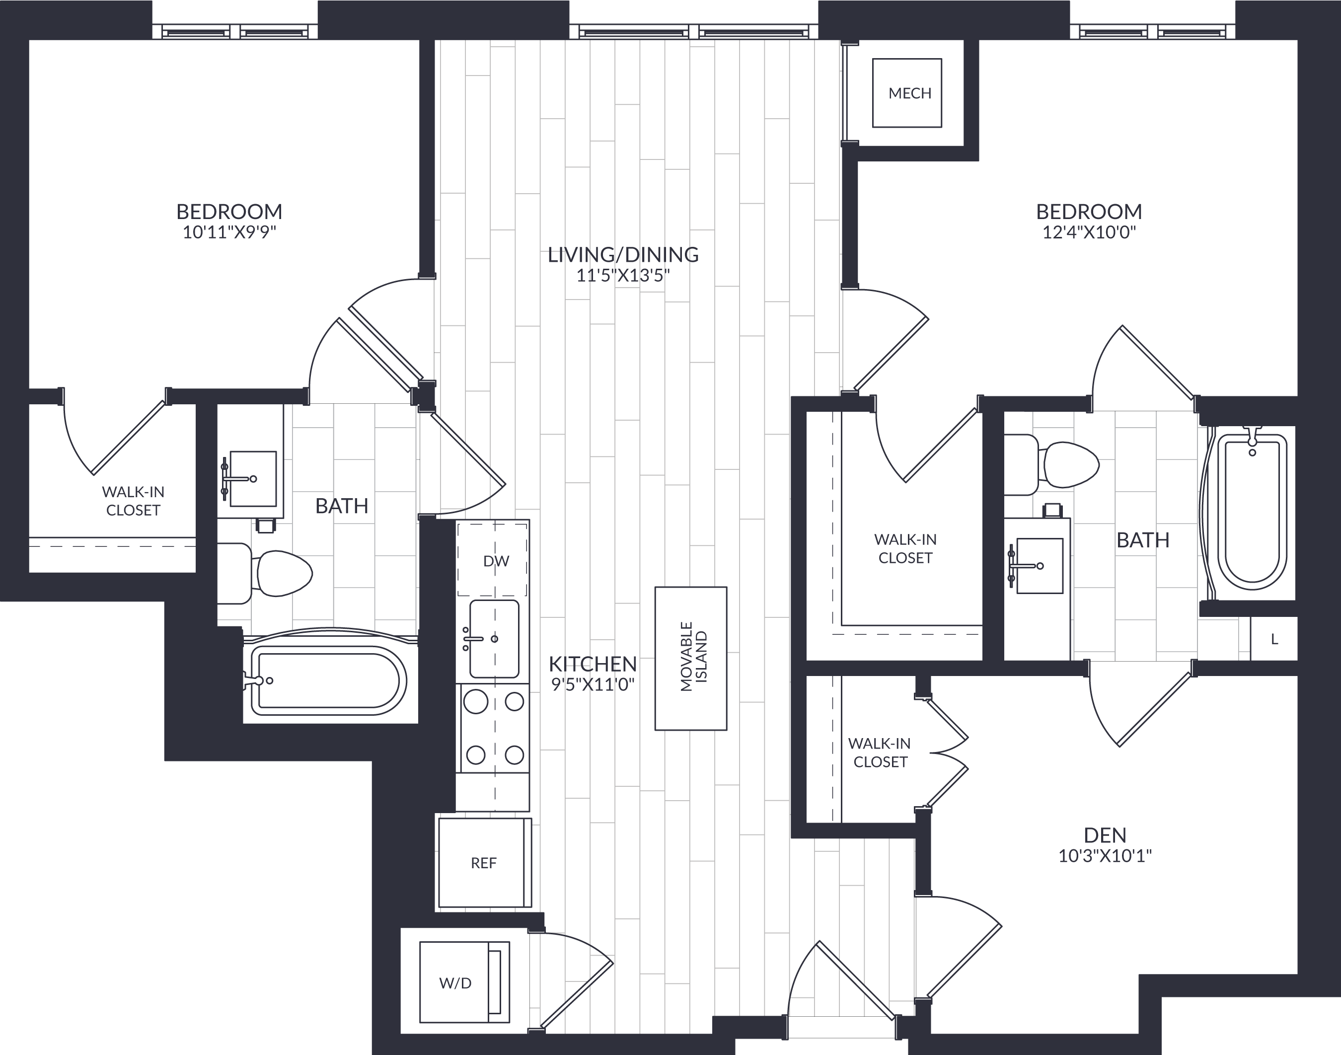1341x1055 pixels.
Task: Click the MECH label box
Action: tap(907, 93)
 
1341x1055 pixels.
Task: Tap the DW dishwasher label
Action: tap(496, 561)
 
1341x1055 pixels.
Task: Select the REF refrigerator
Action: tap(485, 862)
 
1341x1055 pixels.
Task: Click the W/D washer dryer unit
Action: tap(464, 982)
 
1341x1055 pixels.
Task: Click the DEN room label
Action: tap(1105, 835)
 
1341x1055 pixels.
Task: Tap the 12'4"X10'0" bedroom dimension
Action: tap(1089, 233)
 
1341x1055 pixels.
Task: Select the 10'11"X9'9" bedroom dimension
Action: tap(229, 233)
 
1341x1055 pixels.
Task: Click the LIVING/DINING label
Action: tap(623, 254)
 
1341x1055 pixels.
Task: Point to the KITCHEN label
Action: tap(593, 664)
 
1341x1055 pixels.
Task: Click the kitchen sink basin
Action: tap(494, 639)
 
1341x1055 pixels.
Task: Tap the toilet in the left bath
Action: tap(265, 573)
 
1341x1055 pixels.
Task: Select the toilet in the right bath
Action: tap(1051, 464)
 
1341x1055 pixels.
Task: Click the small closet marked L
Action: tap(1273, 639)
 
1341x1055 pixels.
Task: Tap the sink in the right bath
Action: tap(1039, 566)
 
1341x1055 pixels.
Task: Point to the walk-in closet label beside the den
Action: tap(880, 753)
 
